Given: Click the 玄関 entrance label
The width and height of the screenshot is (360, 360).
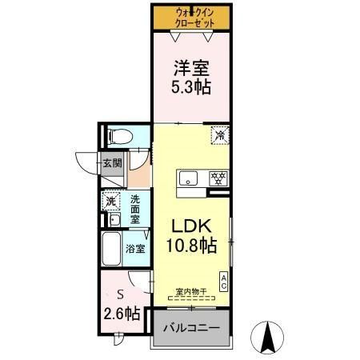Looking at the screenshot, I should coord(111,164).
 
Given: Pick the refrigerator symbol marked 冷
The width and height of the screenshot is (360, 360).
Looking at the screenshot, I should coord(218,135).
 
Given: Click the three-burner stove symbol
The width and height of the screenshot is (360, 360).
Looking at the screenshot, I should coord(216,178).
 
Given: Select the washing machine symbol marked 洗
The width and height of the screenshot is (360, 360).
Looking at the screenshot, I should coord(111,201).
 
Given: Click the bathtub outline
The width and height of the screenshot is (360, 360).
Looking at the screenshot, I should coord(111,250).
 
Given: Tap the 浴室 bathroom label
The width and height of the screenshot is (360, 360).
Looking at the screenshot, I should coord(136,249).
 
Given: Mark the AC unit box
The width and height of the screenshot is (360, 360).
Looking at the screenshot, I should coord(223,281).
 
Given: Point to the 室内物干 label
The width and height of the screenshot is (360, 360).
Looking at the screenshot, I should coord(191,292).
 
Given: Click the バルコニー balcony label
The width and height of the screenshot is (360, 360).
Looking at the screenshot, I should coord(192,329).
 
